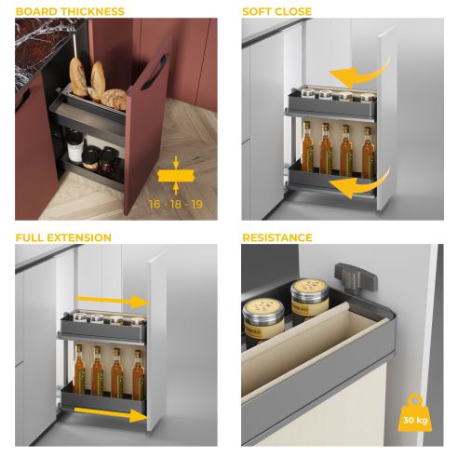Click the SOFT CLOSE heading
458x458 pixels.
coord(277,11)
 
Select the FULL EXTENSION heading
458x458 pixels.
coord(63,238)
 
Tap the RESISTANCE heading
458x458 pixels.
coord(277,238)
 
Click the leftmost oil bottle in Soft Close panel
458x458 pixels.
coord(306,145)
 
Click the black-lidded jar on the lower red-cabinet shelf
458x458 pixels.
coord(74,144)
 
